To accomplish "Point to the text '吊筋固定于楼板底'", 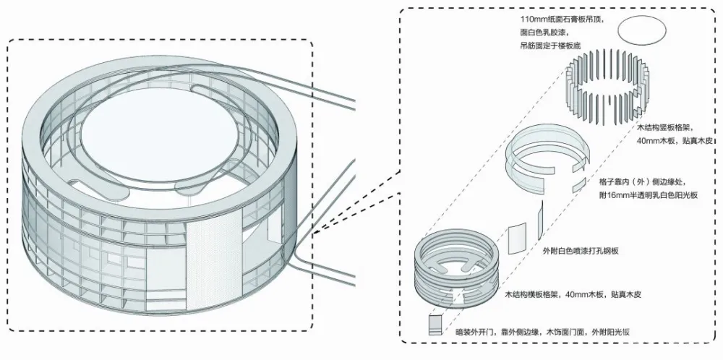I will coord(554,46).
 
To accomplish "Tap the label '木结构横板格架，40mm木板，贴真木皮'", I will coord(572,296).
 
